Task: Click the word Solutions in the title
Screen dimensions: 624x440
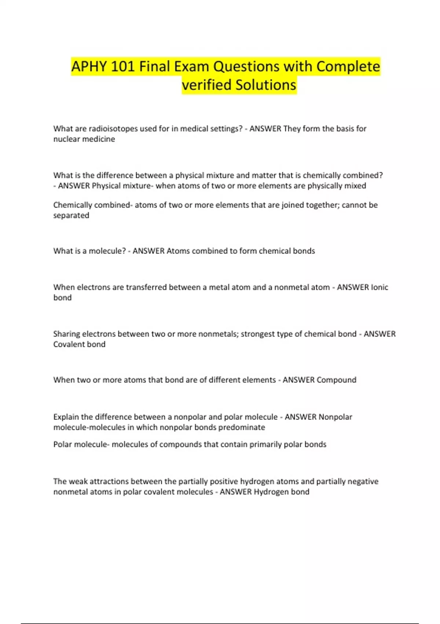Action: (x=265, y=85)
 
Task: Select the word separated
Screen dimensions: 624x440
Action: (x=71, y=215)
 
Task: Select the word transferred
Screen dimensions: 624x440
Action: (x=146, y=287)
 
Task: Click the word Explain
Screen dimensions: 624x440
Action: (x=66, y=417)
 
